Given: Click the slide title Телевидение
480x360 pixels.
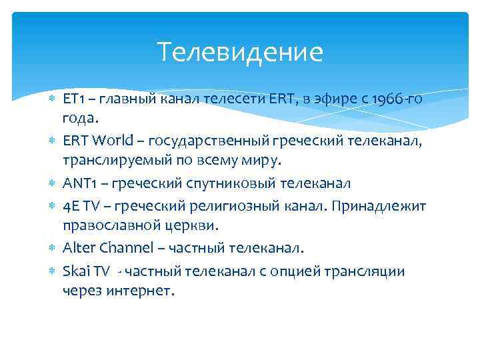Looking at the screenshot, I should click(240, 52).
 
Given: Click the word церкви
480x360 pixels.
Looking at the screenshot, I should click(195, 225).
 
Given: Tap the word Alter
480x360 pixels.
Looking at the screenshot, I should click(78, 248).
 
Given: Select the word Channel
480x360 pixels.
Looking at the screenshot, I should click(126, 248).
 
